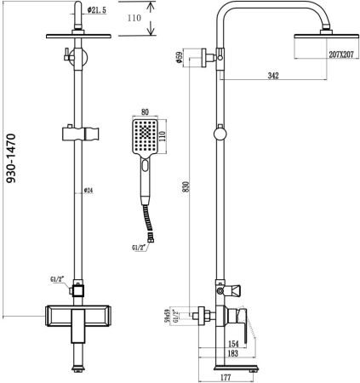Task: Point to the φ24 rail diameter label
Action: [89, 191]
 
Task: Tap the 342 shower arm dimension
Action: [274, 77]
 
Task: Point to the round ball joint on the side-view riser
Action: [221, 133]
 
